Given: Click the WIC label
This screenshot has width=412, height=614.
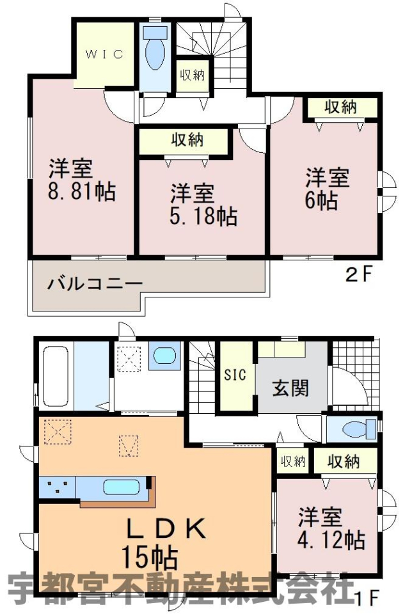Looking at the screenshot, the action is click(104, 54).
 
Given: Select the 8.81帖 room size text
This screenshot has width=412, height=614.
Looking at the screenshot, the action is click(82, 191).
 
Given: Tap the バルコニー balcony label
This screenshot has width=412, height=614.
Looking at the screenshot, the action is click(95, 283).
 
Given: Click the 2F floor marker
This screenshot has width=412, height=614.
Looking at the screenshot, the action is click(357, 275).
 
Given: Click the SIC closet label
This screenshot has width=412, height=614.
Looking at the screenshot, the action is click(235, 374).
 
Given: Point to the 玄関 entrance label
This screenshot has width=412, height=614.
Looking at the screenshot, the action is click(291, 388).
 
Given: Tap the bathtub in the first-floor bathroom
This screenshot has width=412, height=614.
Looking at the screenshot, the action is click(55, 376).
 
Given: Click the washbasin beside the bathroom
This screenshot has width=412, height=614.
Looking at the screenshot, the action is click(165, 356).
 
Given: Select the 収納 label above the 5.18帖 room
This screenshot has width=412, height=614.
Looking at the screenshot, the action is click(187, 139).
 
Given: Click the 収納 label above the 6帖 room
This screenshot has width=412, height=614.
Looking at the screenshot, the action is click(340, 107).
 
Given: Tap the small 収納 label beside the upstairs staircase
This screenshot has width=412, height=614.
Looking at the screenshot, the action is click(193, 75).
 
